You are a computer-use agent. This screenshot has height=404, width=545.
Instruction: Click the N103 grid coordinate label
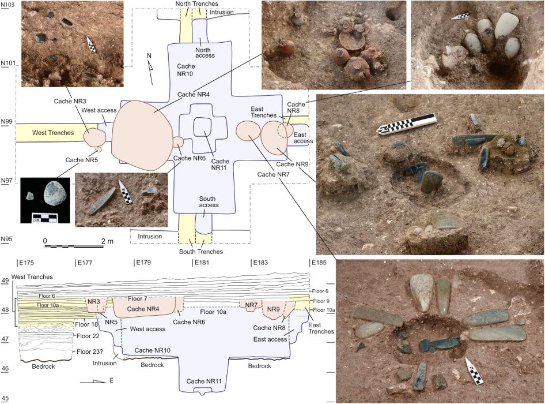(x=7, y=5)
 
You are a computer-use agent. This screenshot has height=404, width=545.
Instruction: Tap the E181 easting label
(x=203, y=262)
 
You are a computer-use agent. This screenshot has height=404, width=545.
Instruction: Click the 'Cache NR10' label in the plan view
(x=185, y=70)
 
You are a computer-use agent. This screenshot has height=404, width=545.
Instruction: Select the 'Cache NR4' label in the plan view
(x=194, y=95)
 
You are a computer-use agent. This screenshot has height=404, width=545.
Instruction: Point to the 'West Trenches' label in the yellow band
(x=53, y=133)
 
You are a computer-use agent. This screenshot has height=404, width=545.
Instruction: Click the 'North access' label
(x=205, y=53)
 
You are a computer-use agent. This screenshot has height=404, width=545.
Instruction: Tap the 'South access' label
(x=209, y=202)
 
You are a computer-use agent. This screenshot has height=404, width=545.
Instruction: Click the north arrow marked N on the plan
(x=150, y=69)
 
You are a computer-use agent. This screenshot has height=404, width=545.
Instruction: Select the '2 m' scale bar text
(x=107, y=241)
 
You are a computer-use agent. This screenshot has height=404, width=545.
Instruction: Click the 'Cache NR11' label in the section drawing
(x=204, y=381)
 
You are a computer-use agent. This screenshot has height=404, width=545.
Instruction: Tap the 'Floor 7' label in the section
(x=138, y=298)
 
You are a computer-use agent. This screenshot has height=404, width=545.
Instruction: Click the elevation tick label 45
(x=5, y=398)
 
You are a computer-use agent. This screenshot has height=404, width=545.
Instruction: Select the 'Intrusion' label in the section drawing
(x=105, y=363)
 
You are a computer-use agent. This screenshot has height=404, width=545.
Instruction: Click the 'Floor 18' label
(x=86, y=324)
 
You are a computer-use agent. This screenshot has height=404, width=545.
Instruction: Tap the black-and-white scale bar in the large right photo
(x=406, y=124)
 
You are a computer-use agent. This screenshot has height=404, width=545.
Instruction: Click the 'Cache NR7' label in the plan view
(x=273, y=174)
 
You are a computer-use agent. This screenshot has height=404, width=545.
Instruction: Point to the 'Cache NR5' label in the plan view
(x=82, y=160)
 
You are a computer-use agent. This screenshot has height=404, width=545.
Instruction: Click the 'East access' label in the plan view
(x=303, y=138)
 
